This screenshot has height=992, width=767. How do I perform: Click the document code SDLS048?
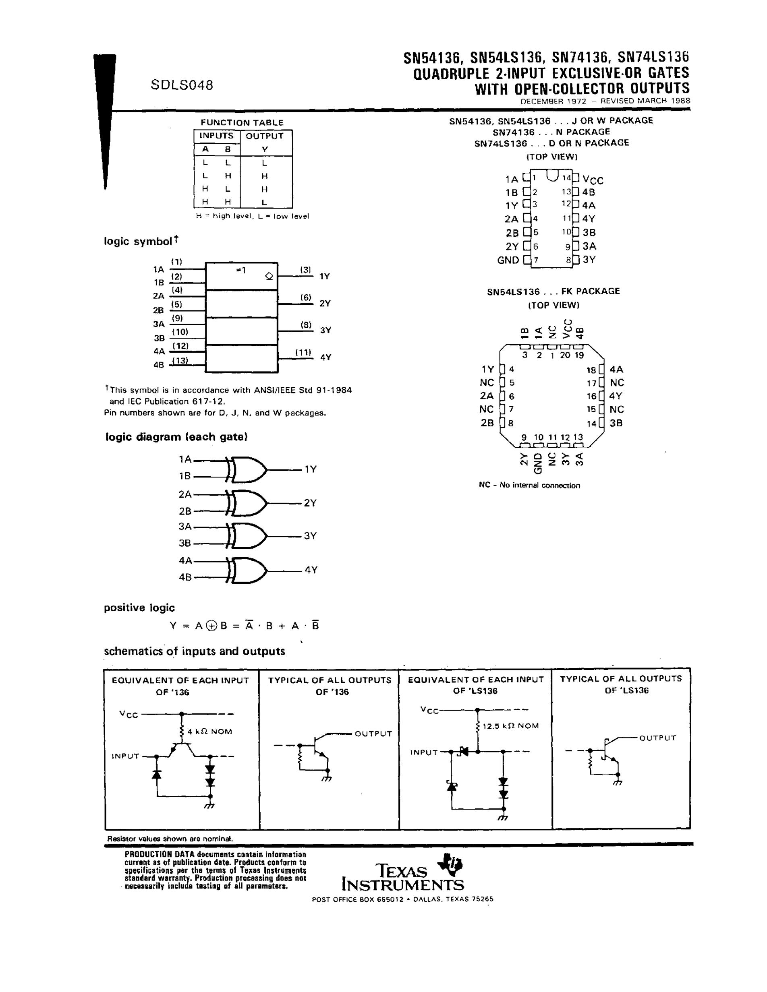pos(182,85)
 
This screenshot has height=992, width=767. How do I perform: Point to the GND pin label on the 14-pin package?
pos(508,260)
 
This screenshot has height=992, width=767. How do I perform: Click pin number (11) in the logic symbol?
pos(303,352)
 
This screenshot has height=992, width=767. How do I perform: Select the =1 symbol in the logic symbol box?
pos(241,270)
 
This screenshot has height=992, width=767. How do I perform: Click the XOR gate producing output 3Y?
pos(248,536)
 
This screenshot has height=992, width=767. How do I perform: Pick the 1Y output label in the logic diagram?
pos(310,469)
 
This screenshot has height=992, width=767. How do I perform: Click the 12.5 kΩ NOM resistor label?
pos(510,726)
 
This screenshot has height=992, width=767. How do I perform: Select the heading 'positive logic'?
pos(139,608)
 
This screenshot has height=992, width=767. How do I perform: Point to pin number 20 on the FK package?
pos(565,355)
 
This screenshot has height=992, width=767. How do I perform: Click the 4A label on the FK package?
pos(616,369)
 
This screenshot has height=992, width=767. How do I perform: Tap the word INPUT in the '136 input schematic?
pos(125,756)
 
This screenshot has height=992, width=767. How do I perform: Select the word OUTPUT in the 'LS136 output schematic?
pos(657,738)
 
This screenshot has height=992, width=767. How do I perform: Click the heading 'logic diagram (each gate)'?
pos(176,437)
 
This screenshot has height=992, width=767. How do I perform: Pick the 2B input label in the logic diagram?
pos(185,511)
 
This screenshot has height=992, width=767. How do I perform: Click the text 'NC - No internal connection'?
pos(529,486)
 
